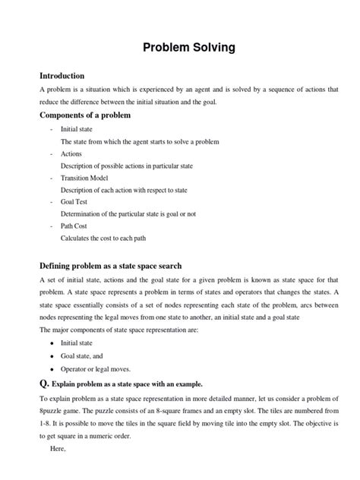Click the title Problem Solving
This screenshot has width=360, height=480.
click(x=189, y=48)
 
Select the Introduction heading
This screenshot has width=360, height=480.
click(x=62, y=76)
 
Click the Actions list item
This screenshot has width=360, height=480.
click(x=71, y=153)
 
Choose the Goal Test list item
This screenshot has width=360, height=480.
click(x=74, y=202)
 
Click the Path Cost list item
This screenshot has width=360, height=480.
click(x=74, y=226)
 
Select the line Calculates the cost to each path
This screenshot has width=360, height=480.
click(x=103, y=238)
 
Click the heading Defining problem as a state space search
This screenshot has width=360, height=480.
click(x=111, y=266)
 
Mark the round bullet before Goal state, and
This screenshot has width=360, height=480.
click(x=51, y=355)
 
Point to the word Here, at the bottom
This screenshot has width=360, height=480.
click(x=58, y=450)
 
